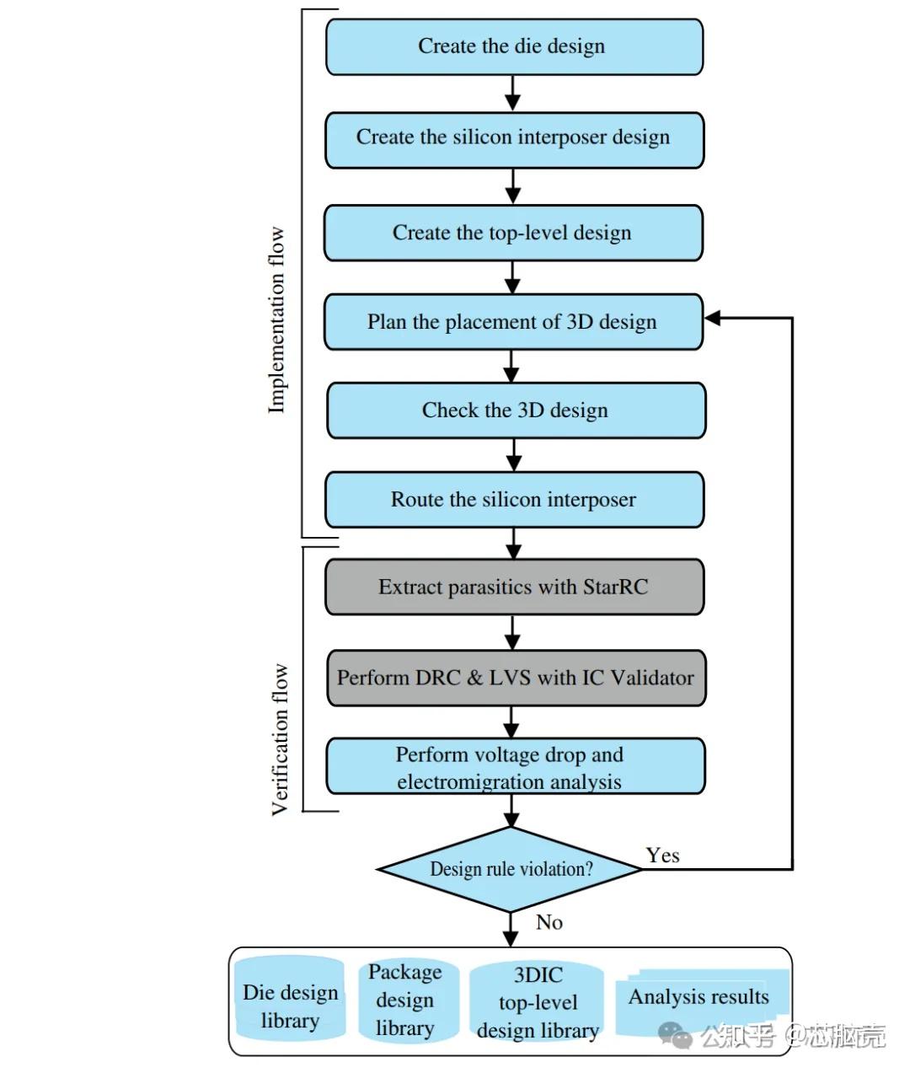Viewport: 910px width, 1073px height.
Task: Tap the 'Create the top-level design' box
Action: coord(513,233)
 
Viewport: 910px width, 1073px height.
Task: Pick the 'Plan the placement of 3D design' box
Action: coord(513,322)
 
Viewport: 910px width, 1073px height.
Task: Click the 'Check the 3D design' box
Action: coord(516,410)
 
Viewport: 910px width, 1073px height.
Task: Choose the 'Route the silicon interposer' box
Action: coord(514,500)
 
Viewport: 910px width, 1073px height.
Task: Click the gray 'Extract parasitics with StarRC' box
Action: coord(514,587)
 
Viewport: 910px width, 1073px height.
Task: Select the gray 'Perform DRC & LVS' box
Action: coord(516,678)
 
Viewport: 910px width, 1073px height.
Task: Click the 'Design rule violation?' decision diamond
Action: coord(511,869)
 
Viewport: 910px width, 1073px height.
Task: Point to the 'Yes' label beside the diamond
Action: coord(662,856)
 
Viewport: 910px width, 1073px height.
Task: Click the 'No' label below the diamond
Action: coord(549,922)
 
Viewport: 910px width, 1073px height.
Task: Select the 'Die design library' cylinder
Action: coord(290,1006)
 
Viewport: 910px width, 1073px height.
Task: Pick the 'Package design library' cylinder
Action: coord(405,1001)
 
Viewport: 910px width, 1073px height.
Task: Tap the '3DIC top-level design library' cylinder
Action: coord(538,1003)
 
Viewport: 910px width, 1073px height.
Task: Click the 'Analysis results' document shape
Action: coord(699,1000)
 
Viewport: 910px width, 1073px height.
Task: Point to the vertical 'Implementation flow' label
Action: coord(276,320)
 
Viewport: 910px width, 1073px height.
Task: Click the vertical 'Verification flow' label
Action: coord(280,739)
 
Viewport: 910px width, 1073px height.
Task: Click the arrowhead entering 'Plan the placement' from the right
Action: coord(713,318)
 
